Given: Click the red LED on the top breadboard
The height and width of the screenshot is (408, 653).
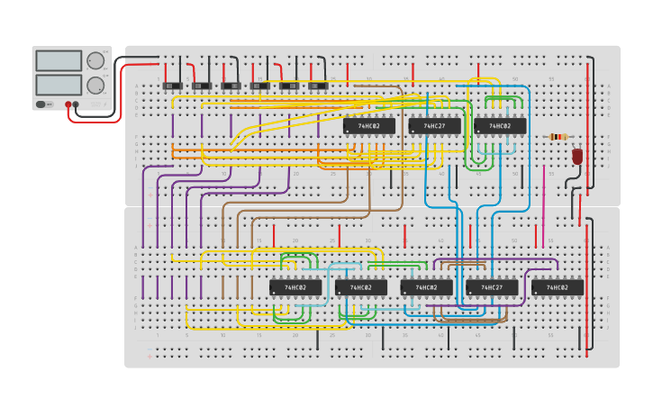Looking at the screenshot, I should [577, 156].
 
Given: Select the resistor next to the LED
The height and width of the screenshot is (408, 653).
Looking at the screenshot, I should [558, 137].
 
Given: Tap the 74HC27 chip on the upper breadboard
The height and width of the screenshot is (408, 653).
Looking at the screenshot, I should [434, 126].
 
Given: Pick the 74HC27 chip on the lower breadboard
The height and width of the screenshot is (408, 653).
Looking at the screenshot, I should [492, 288].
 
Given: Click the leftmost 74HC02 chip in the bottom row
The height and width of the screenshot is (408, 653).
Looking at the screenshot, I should [295, 288].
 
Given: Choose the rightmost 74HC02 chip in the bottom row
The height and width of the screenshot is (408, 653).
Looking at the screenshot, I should [558, 288].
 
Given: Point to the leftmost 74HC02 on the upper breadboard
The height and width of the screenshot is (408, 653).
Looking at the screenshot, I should [368, 126].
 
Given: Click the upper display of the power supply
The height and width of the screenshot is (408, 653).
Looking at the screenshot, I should [59, 61].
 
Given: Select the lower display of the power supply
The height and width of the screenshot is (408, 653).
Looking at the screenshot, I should [59, 86].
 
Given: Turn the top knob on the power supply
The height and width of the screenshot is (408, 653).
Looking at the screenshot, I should [95, 61].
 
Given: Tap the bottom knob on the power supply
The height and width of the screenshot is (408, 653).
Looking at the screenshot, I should [95, 86].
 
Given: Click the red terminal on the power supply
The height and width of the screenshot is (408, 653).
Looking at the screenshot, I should [68, 104].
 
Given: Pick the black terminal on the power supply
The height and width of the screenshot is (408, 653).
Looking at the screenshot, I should [76, 104].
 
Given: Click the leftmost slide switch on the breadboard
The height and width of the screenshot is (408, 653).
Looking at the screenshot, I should [172, 86].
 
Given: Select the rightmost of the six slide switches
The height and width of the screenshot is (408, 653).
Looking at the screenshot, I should [318, 86].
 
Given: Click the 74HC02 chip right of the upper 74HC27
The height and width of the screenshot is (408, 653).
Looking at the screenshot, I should [500, 126].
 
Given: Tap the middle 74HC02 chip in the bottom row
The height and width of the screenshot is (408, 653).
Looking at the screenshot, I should [426, 288].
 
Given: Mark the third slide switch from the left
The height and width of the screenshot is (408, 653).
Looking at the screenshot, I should [231, 86].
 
